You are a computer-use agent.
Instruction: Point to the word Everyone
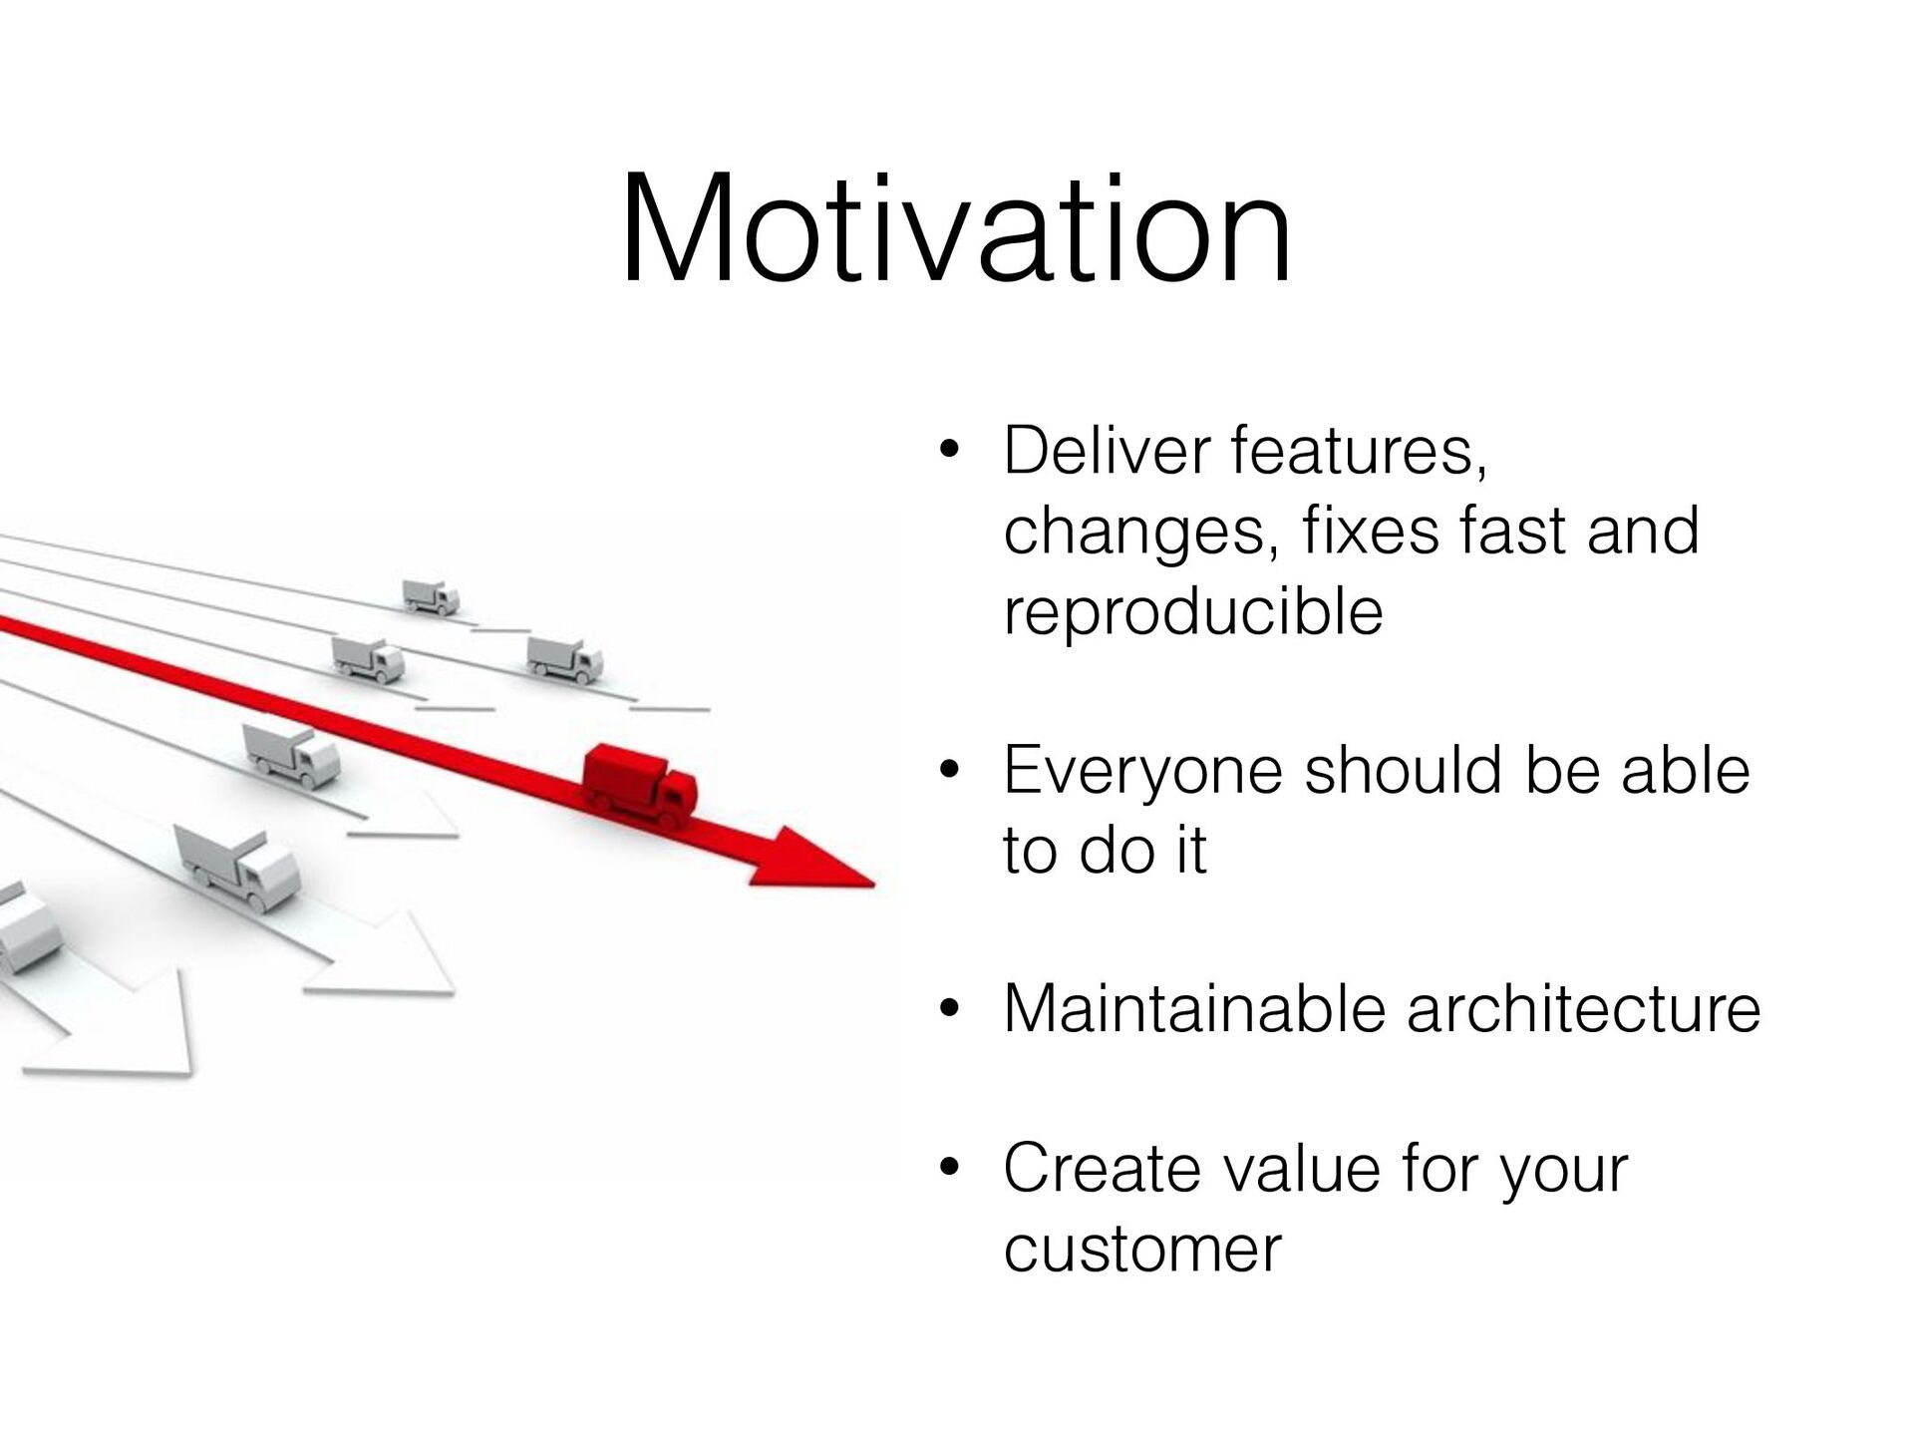[x=1142, y=772]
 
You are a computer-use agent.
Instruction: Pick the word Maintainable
[x=1194, y=1008]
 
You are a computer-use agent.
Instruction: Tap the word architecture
[x=1583, y=1008]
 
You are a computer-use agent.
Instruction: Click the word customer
[x=1142, y=1250]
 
